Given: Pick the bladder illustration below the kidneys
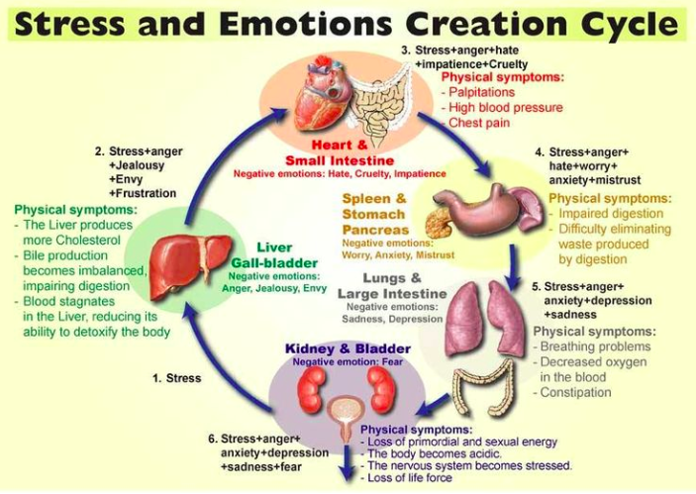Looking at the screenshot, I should tap(347, 415).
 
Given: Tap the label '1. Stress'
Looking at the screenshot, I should tap(177, 378).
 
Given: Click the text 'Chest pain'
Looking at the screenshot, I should tap(481, 123).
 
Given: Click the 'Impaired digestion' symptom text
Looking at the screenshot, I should tap(609, 213).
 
